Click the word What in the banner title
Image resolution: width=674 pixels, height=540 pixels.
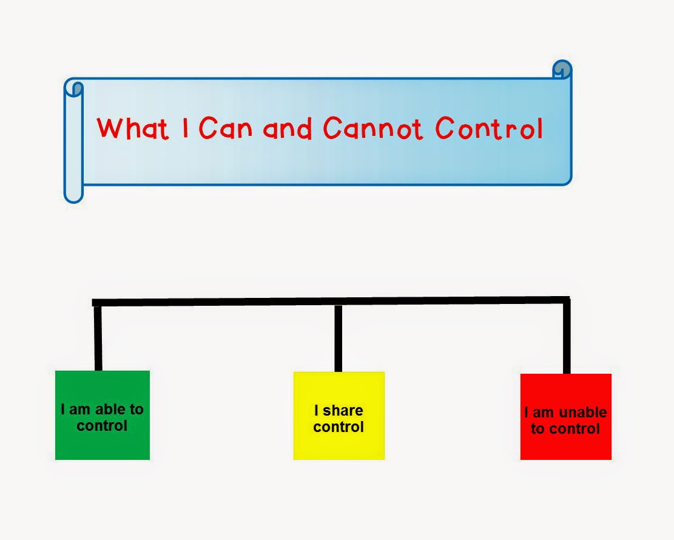133,128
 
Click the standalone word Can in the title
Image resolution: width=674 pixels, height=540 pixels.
225,128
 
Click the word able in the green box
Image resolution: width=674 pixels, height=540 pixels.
110,410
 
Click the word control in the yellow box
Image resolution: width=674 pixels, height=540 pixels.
339,427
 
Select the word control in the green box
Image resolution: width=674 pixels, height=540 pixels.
102,425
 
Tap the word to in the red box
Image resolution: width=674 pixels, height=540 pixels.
538,429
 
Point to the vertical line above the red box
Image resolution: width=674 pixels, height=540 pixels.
567,337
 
